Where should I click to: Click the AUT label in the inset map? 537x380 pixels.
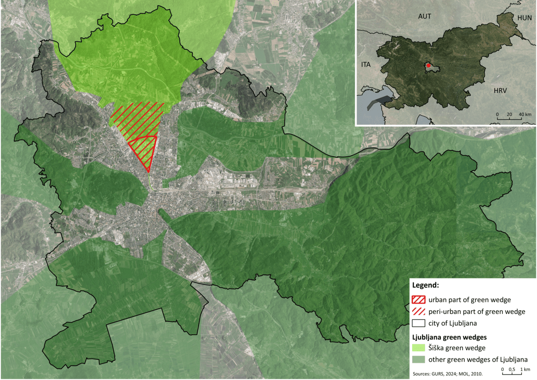point(424,16)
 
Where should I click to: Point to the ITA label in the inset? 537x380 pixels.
point(366,65)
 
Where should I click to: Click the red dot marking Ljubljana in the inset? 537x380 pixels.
point(428,65)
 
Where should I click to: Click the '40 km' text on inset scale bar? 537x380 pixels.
point(525,115)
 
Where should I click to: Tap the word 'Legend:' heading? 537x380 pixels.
point(426,285)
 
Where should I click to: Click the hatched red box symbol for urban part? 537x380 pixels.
point(419,299)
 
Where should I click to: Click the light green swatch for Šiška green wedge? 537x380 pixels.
point(419,348)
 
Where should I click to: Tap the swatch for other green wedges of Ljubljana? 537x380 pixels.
point(419,359)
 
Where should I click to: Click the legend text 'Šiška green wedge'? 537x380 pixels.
point(456,348)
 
